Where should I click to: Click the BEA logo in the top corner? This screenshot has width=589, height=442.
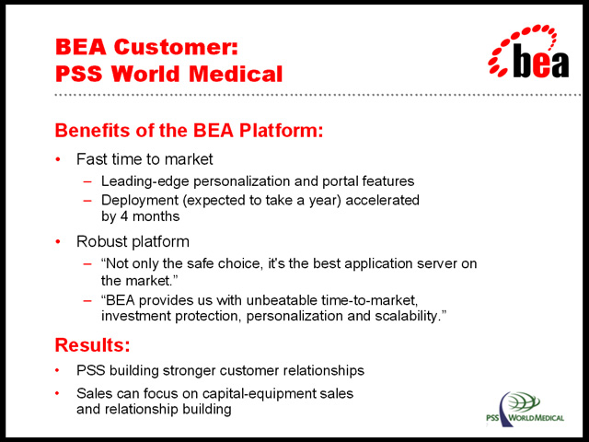click(529, 52)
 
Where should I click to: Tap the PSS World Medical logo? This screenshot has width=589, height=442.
click(525, 409)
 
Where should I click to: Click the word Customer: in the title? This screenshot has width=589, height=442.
click(176, 47)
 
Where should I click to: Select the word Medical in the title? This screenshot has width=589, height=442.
click(236, 74)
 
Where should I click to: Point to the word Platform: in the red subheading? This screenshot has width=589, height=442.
click(281, 131)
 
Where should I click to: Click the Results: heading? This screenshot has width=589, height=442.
click(92, 344)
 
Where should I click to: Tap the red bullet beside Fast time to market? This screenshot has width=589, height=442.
click(58, 159)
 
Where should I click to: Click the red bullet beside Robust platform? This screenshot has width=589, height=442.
click(58, 241)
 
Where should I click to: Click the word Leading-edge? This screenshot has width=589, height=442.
click(145, 181)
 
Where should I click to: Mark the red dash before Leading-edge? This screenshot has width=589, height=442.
click(87, 182)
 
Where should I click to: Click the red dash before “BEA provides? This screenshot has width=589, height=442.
click(87, 301)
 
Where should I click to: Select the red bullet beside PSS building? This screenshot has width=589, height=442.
click(57, 371)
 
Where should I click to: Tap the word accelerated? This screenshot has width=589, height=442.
click(382, 201)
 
